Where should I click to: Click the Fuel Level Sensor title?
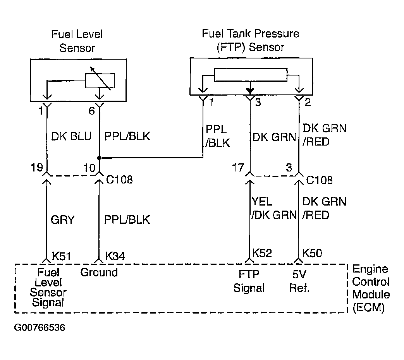[x=77, y=41]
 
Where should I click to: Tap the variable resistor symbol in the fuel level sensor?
[x=100, y=81]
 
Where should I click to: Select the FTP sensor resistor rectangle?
[x=251, y=75]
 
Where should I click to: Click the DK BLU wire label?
[x=71, y=136]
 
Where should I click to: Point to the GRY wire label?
[x=63, y=219]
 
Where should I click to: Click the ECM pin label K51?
[x=61, y=256]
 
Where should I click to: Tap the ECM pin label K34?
[x=115, y=256]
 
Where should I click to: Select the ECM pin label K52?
[x=262, y=253]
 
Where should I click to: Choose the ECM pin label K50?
[x=312, y=253]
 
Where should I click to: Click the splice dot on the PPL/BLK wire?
[x=99, y=158]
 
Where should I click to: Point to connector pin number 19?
[x=37, y=168]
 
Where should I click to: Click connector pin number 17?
[x=238, y=168]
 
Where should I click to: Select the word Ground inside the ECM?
[x=99, y=273]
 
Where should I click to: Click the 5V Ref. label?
[x=299, y=281]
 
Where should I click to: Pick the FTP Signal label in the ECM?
[x=249, y=281]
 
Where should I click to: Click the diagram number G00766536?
[x=40, y=327]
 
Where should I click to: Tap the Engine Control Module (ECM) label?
[x=371, y=288]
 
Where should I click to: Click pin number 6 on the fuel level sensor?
[x=92, y=111]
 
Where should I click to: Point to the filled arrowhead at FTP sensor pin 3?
[x=250, y=91]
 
